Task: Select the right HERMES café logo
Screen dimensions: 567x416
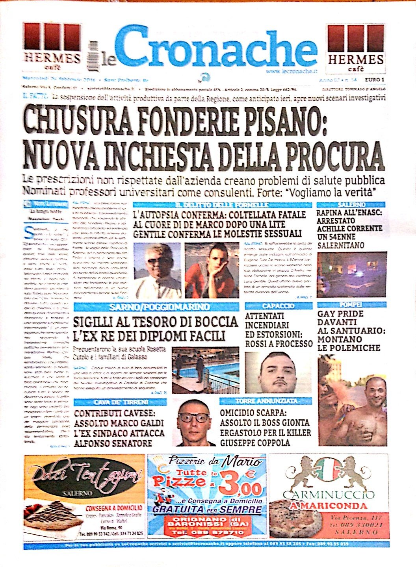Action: coord(356,48)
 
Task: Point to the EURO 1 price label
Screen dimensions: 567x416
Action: coord(374,80)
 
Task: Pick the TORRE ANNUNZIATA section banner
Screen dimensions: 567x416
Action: coord(266,401)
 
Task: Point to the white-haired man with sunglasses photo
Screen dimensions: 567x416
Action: coord(157,270)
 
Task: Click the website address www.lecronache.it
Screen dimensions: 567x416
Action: coord(291,71)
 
